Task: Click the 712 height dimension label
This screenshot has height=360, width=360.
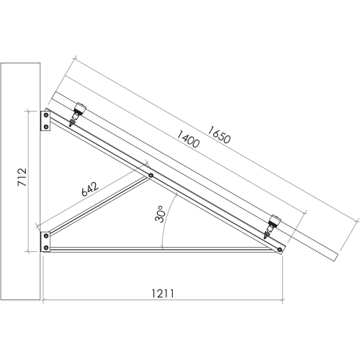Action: [x=22, y=177]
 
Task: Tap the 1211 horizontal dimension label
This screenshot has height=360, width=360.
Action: [x=163, y=293]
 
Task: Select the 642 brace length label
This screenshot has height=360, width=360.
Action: [x=90, y=189]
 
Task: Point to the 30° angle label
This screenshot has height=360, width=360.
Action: [x=159, y=214]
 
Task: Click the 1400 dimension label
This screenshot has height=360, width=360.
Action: [x=188, y=139]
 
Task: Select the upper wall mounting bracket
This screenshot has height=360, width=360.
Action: [x=45, y=121]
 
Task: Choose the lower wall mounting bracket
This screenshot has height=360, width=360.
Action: [x=45, y=242]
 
